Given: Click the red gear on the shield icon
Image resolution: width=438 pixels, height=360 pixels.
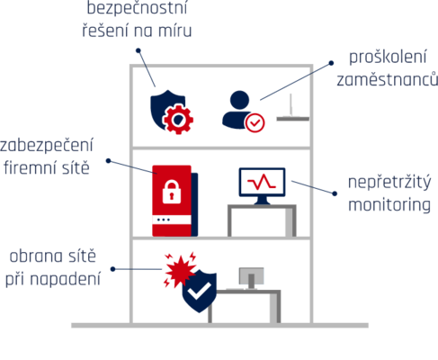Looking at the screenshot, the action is pos(178,119).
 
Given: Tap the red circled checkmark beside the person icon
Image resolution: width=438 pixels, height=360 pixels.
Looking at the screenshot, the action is pos(255,122).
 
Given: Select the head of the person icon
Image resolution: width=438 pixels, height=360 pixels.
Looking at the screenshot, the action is pos(239,100).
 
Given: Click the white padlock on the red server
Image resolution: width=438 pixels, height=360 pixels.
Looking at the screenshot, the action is pos(172,192).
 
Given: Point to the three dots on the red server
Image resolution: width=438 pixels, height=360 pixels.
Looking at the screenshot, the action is pos(164,220).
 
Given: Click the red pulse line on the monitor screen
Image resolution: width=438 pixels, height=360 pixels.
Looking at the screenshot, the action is pos(262,182).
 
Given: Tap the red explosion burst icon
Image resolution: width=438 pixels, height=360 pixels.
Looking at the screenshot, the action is pos(180,269).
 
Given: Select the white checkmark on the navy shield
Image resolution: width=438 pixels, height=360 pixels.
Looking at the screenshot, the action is pos(199,291).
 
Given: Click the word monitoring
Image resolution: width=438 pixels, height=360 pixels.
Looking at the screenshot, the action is pos(389,205).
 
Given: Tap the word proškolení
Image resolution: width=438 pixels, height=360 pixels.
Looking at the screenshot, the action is pos(388,57).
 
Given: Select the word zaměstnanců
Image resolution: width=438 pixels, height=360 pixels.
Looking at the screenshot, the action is pos(387,79).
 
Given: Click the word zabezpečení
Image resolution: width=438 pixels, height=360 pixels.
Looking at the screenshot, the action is pos(47,145).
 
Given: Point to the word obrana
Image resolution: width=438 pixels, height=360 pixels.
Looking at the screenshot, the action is pos(36,256).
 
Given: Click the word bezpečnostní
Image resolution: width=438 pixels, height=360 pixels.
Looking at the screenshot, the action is pos(137,7).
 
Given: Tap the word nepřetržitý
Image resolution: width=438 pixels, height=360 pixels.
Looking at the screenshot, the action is pos(389,183).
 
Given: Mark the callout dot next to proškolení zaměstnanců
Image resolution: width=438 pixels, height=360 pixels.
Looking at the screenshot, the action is pos(331,63).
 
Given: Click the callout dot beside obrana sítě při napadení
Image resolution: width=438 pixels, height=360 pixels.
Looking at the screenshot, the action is pos(113,269).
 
